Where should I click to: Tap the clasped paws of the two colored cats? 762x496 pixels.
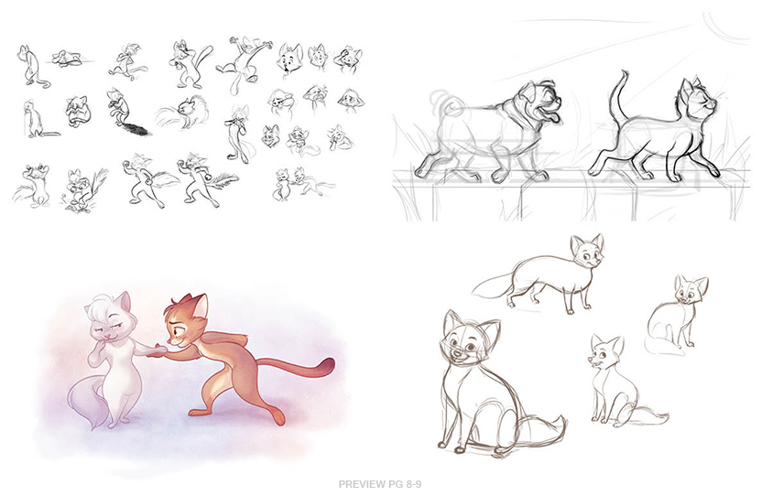(x=159, y=350)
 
